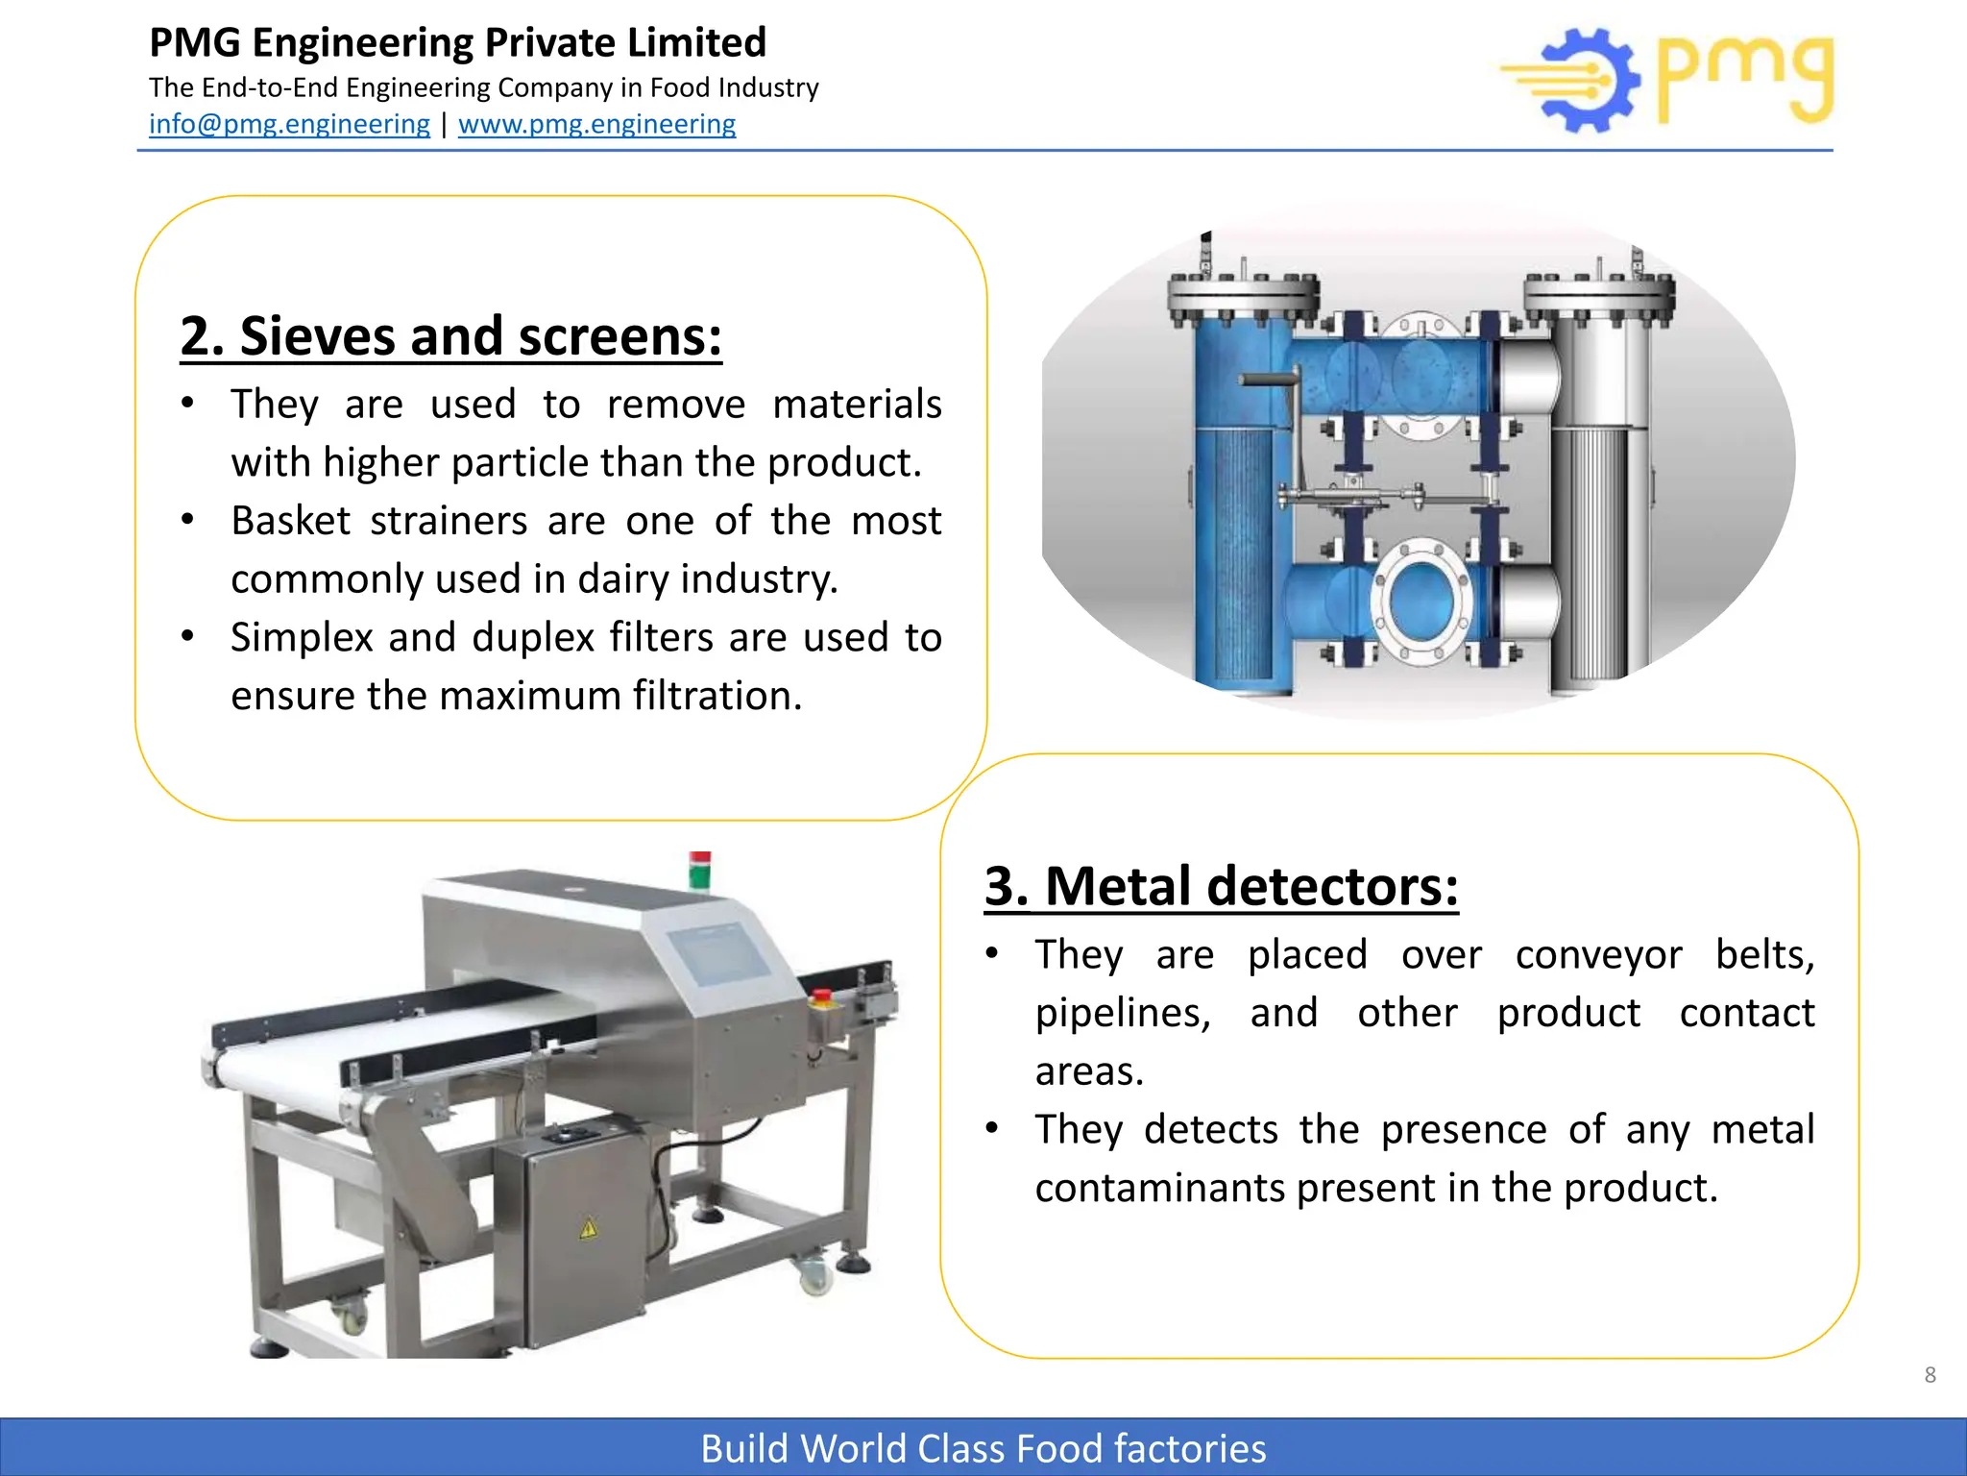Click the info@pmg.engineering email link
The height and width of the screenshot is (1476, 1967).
(289, 124)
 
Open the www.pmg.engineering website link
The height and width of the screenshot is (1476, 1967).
(596, 124)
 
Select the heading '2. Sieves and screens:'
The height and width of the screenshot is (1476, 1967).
(450, 336)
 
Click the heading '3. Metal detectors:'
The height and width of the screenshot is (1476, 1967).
(1221, 886)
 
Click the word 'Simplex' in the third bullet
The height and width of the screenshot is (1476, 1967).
(302, 637)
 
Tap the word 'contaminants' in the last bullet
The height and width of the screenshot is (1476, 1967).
(1159, 1189)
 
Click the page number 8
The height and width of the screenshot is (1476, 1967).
(1930, 1375)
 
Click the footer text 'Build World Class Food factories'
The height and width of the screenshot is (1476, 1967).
(983, 1448)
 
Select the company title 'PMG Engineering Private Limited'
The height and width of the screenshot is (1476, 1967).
(458, 43)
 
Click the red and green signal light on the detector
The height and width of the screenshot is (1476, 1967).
(700, 869)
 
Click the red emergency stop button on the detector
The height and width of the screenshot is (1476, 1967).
(822, 997)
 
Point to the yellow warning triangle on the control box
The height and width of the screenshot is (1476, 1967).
(588, 1227)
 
